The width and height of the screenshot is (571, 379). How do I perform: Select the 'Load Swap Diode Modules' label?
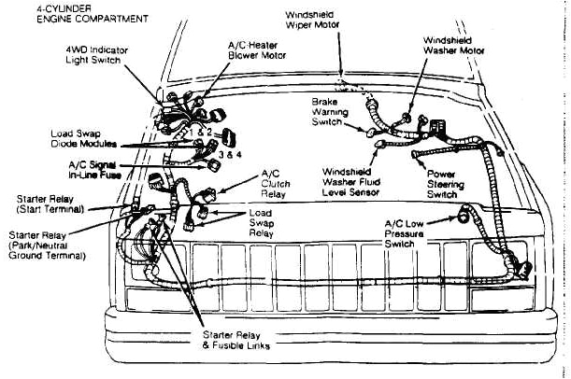point(83,139)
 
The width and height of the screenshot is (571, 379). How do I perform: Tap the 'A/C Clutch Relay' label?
point(275,185)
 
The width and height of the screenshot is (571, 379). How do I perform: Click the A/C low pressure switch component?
point(464,217)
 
